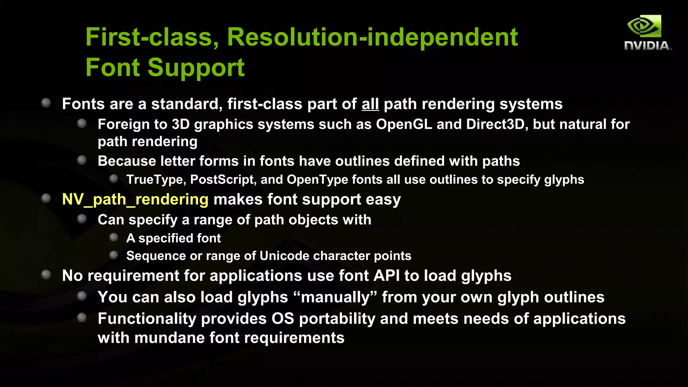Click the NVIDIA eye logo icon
[644, 26]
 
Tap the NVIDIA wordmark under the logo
[647, 46]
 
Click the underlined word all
[370, 104]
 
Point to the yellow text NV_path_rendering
[135, 199]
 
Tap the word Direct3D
[495, 124]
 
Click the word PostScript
[222, 179]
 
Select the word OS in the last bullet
[283, 319]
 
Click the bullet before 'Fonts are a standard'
[46, 103]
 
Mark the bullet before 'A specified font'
[114, 238]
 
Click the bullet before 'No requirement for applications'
[46, 275]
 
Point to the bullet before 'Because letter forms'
[82, 160]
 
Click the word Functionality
[147, 319]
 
